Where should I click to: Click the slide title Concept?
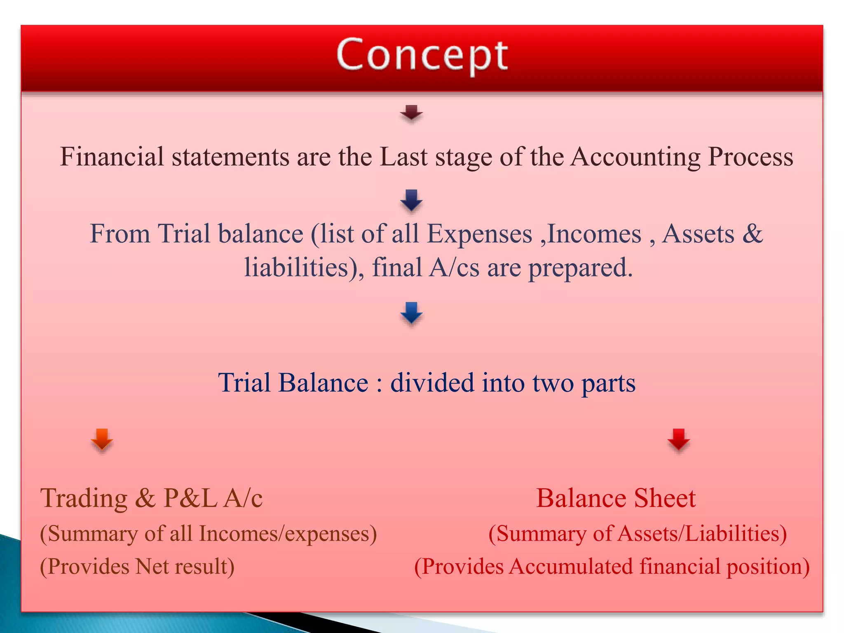coord(422,56)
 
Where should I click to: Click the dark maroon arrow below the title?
coord(411,113)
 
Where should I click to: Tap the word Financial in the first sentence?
coord(112,157)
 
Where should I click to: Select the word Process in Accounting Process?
coord(750,157)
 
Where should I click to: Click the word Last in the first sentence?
coord(403,157)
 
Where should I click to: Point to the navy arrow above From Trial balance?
coord(411,200)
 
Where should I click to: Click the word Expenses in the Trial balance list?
coord(479,234)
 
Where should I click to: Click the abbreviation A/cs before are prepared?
coord(454,267)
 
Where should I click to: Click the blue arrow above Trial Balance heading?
coord(411,313)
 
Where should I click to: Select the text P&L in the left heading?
coord(190,498)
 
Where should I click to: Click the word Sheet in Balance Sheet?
coord(664,498)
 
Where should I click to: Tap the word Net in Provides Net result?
coord(152,567)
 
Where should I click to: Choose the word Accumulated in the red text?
coord(571,567)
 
